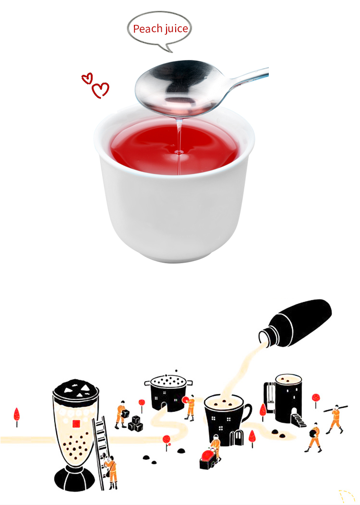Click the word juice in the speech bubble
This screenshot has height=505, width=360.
point(176,29)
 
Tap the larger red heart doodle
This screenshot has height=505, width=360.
point(101,90)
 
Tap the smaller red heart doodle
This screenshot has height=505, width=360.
point(87,78)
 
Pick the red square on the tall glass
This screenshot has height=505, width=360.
point(76,423)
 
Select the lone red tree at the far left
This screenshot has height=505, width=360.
point(17,416)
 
